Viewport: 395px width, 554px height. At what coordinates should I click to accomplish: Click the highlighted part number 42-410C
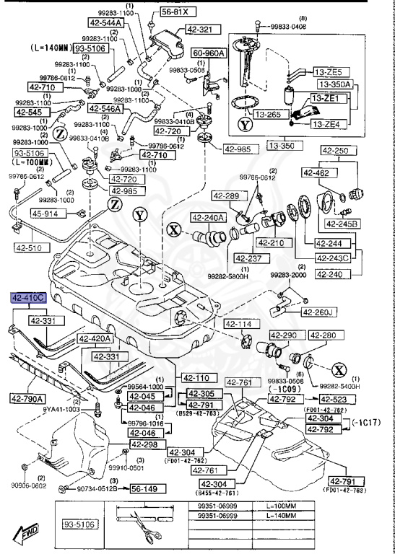coord(28,297)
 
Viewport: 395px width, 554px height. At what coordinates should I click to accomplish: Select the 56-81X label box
coord(175,12)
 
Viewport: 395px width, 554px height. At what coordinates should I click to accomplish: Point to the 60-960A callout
coord(208,53)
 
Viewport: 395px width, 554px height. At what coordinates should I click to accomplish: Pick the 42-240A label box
coord(209,218)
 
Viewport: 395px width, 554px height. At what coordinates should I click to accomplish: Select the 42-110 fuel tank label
coord(195,377)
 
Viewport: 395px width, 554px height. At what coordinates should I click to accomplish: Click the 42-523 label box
coord(334,399)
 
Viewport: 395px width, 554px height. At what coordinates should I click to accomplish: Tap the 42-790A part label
coord(27,398)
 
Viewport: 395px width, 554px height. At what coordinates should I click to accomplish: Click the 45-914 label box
coord(48,214)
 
